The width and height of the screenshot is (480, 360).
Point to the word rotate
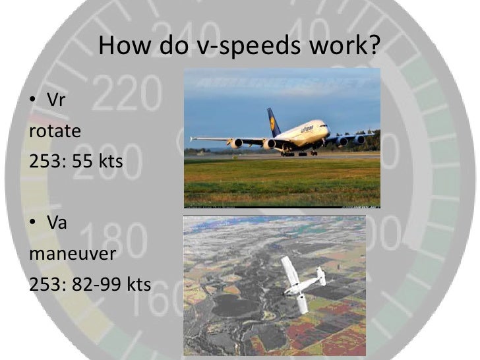coord(55,131)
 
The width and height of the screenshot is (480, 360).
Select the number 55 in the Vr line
coord(82,160)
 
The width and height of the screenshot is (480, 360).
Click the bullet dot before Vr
coord(33,102)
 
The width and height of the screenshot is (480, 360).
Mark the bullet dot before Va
coord(33,225)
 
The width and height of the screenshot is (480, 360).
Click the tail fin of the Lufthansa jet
coord(274,122)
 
